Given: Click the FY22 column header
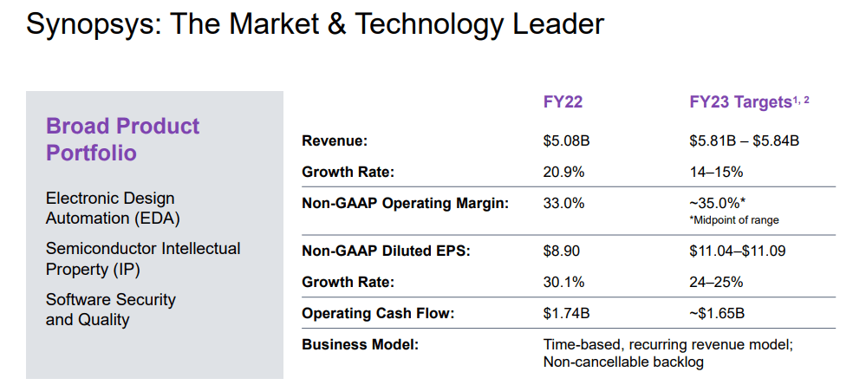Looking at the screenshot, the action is pyautogui.click(x=563, y=101).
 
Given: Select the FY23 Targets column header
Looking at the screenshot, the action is pyautogui.click(x=749, y=101).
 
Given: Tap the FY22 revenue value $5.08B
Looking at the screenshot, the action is pyautogui.click(x=566, y=141).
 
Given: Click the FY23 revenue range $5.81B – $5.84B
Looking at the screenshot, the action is pyautogui.click(x=744, y=141).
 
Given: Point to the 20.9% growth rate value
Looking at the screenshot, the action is pyautogui.click(x=563, y=173).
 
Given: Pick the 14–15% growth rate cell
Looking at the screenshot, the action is pyautogui.click(x=716, y=173).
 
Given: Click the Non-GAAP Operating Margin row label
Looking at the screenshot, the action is pyautogui.click(x=406, y=204).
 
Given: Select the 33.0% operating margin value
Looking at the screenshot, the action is pyautogui.click(x=563, y=204).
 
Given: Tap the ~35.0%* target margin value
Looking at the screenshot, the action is pyautogui.click(x=717, y=204).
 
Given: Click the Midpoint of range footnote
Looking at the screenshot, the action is pyautogui.click(x=734, y=220).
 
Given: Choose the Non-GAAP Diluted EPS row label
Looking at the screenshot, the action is pyautogui.click(x=386, y=251).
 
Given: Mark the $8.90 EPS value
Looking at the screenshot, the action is pyautogui.click(x=562, y=251).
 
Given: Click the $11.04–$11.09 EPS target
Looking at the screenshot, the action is pyautogui.click(x=737, y=251).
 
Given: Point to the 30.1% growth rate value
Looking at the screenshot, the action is pyautogui.click(x=563, y=282).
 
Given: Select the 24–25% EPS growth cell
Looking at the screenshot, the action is pyautogui.click(x=716, y=282).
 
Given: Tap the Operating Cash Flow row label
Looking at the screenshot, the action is pyautogui.click(x=378, y=314).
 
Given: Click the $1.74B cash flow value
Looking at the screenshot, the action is pyautogui.click(x=566, y=314).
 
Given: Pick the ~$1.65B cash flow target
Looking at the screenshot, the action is pyautogui.click(x=716, y=314).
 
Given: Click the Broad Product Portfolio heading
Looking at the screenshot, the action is pyautogui.click(x=123, y=140).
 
